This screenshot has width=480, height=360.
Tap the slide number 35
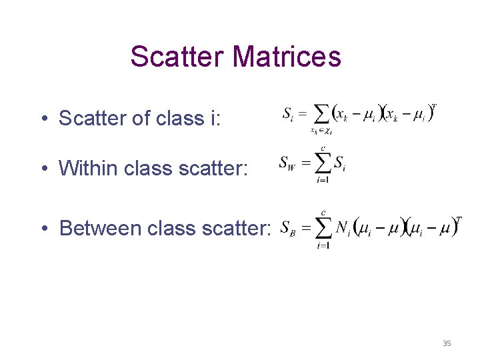click(x=447, y=343)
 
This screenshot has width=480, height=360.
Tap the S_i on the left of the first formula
click(x=289, y=113)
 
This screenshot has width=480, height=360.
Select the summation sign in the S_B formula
click(x=323, y=229)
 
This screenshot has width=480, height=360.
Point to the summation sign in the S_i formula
click(x=321, y=114)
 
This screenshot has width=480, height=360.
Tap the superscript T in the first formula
click(x=434, y=106)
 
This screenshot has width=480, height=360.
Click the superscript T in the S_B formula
click(x=458, y=220)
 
